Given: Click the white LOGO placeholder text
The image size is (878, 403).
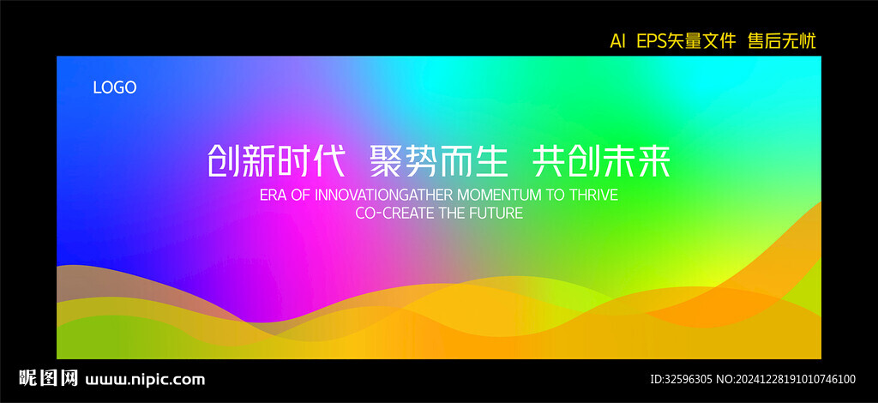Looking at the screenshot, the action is [x=115, y=87].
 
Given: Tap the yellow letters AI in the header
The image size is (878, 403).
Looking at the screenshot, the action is [x=617, y=41].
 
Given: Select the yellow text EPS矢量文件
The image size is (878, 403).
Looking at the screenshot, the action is [x=686, y=41].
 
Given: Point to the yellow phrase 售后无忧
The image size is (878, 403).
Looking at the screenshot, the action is [x=782, y=41].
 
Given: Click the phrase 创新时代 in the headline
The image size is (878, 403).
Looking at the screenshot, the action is [x=276, y=161].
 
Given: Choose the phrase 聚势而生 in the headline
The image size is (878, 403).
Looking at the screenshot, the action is [x=439, y=161].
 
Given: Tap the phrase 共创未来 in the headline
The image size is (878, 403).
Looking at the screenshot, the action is [x=601, y=161].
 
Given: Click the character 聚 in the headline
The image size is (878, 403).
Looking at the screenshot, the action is [x=387, y=161].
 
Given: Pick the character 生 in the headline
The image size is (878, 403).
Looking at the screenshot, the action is [x=491, y=161].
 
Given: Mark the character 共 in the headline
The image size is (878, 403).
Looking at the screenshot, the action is [x=549, y=161].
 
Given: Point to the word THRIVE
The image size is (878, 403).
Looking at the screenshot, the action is [x=593, y=195].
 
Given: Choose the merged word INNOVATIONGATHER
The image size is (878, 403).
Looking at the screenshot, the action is [x=385, y=195].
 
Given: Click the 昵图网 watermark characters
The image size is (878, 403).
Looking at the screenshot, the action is [x=49, y=378].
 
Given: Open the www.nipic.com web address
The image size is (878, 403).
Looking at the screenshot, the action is [x=145, y=380].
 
